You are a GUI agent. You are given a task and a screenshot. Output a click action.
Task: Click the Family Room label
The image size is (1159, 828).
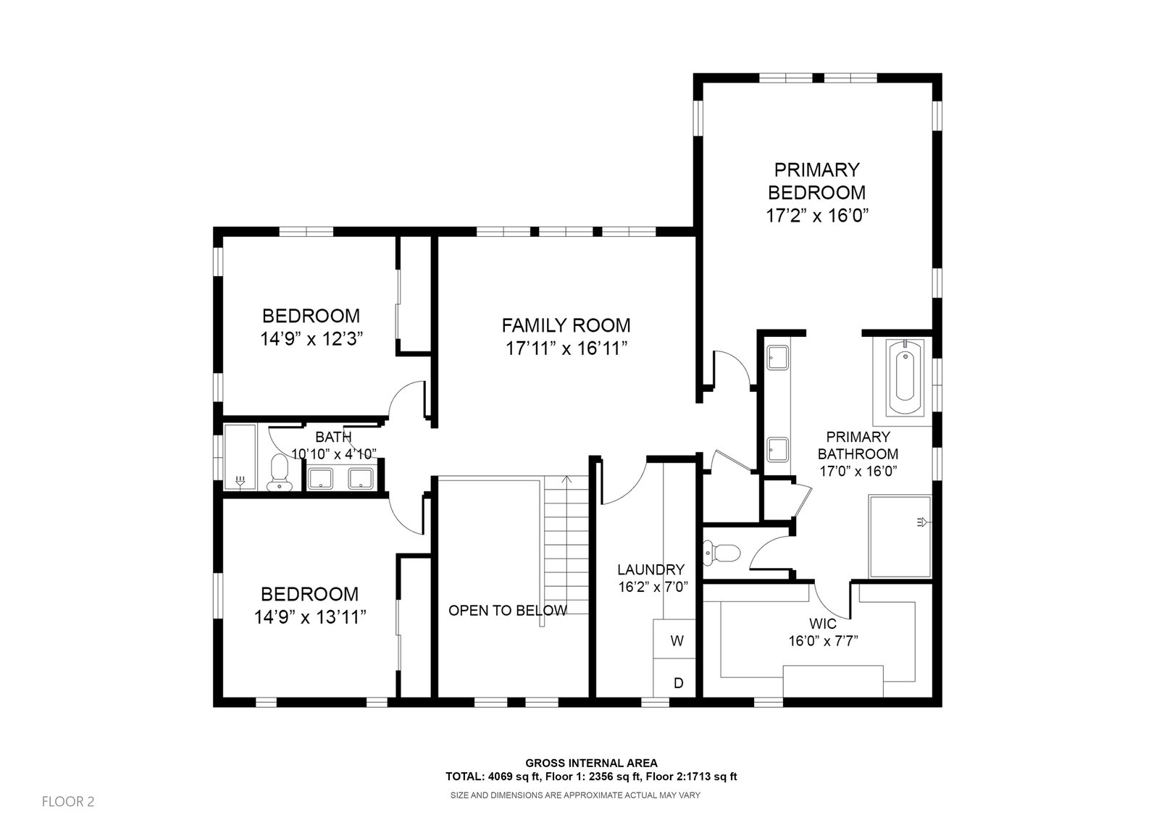[x=566, y=325]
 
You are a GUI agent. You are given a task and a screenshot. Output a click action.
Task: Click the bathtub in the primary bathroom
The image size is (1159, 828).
[x=905, y=377]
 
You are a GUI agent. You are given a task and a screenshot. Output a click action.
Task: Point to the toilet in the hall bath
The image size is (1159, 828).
[x=280, y=472]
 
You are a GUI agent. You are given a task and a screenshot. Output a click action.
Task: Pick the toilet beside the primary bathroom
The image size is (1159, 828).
[x=721, y=552]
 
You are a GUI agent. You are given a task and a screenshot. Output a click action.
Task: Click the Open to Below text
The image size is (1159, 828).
[x=508, y=611]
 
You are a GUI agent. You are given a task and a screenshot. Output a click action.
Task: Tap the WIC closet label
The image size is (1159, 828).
[x=823, y=624]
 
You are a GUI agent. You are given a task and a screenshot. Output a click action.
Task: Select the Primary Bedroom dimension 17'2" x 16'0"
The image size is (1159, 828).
[x=817, y=215]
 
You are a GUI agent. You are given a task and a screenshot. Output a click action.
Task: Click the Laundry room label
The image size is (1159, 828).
[x=651, y=570]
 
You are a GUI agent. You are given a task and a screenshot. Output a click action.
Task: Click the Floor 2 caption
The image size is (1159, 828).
[x=68, y=802]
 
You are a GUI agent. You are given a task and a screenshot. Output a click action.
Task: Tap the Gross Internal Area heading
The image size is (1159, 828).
[x=591, y=763]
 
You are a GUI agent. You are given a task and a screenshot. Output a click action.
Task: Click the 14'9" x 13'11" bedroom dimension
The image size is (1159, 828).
[x=310, y=617]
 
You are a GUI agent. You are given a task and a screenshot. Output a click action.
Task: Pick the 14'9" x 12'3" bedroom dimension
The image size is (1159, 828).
[x=311, y=339]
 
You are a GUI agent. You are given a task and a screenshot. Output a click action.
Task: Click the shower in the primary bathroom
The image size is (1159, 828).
[x=900, y=536]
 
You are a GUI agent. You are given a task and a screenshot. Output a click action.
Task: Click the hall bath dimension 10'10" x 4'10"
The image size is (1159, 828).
[x=334, y=454]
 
